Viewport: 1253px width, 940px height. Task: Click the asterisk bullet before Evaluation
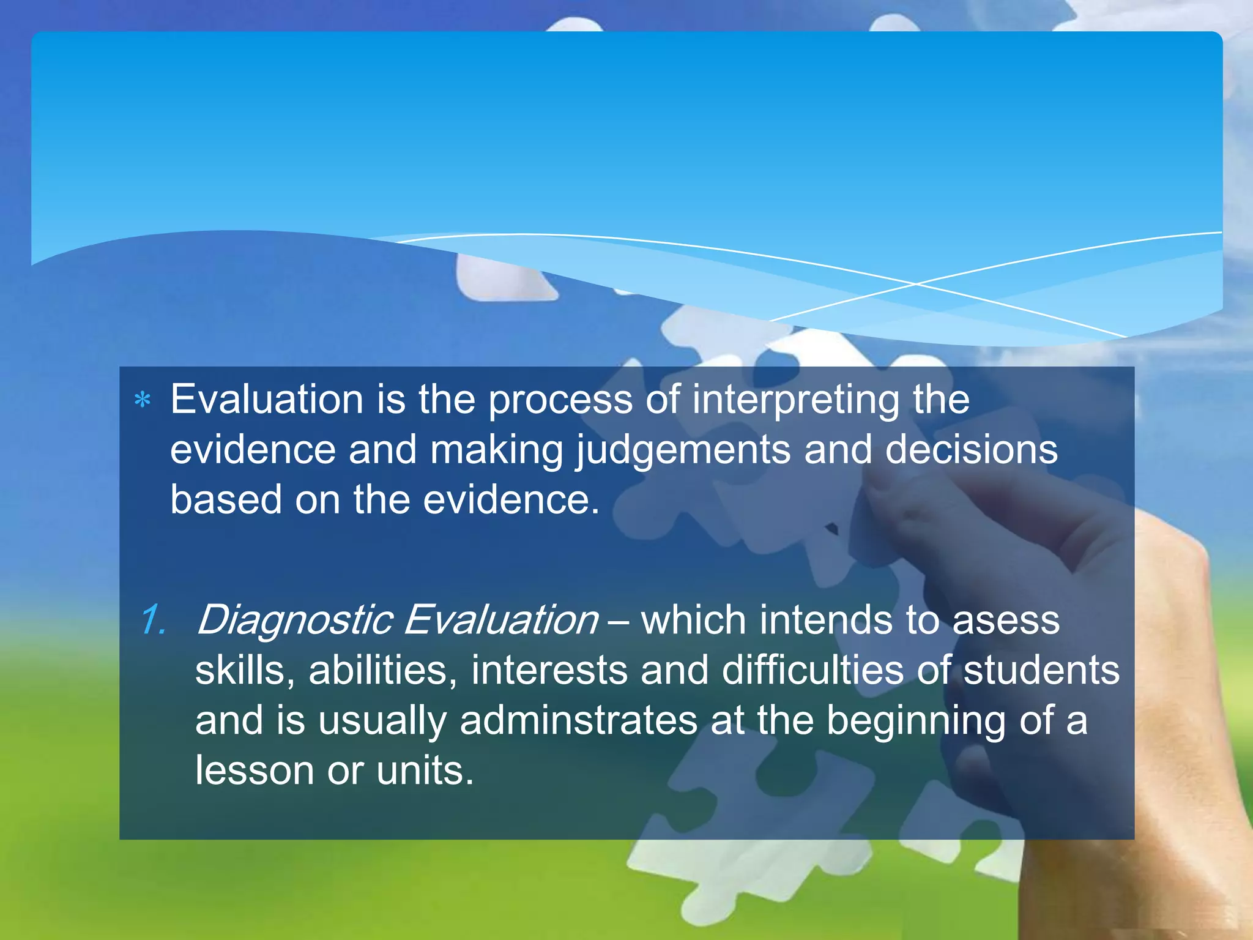[x=143, y=401]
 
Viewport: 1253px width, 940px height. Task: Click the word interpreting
[x=796, y=401]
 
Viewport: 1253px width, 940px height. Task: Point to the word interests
[x=549, y=671]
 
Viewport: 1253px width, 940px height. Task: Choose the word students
[x=1041, y=671]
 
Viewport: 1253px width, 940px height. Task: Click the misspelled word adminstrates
[x=579, y=721]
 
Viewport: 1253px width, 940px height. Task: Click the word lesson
[x=255, y=771]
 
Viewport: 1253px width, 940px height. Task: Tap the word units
[x=425, y=771]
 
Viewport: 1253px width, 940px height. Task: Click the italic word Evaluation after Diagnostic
[x=501, y=621]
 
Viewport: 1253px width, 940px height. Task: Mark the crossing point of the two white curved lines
[x=916, y=284]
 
